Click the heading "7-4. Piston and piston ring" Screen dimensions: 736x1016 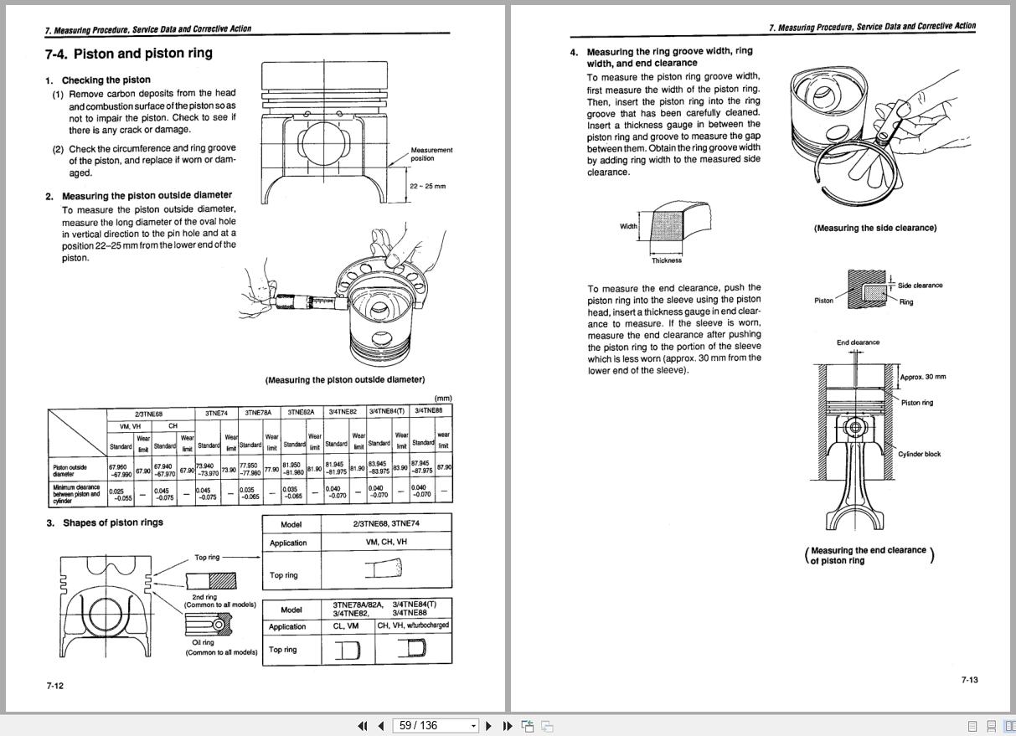click(x=129, y=54)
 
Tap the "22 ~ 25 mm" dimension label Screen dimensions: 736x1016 click(x=428, y=186)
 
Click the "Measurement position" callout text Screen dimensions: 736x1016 click(x=431, y=154)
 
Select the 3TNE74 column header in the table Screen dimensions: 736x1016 click(x=216, y=413)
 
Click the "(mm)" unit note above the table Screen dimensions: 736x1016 click(x=442, y=399)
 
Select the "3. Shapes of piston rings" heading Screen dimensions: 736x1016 click(x=105, y=522)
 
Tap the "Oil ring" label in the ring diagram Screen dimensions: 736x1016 click(x=203, y=642)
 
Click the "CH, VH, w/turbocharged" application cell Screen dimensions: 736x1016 click(x=413, y=625)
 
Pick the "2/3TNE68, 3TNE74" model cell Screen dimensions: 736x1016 click(x=386, y=524)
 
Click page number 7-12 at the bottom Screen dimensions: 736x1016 click(x=54, y=686)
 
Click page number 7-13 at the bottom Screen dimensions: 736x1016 click(x=969, y=680)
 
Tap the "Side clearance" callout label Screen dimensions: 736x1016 click(x=920, y=286)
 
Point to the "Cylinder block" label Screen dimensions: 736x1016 click(x=919, y=455)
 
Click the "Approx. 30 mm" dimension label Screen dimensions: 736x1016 click(x=923, y=377)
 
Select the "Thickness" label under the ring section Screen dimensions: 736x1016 click(x=667, y=260)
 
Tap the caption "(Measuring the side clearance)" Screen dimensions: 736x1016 click(x=874, y=228)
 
